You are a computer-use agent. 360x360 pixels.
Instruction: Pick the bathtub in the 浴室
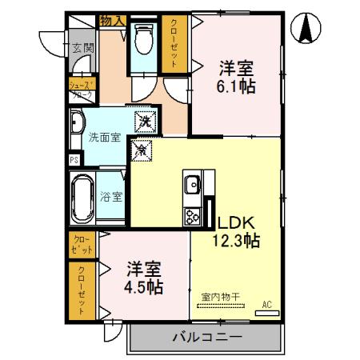[x=83, y=196]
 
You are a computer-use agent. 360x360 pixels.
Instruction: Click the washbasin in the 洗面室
[x=77, y=124]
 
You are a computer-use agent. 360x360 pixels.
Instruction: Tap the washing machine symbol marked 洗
[x=144, y=122]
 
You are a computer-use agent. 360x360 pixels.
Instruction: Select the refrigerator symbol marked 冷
[x=141, y=149]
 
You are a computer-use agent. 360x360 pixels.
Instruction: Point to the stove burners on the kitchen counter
[x=194, y=215]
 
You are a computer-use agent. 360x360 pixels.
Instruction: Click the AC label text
[x=266, y=303]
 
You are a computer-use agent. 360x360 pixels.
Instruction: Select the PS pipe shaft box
[x=74, y=159]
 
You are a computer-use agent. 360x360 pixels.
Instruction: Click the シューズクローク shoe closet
[x=81, y=90]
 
